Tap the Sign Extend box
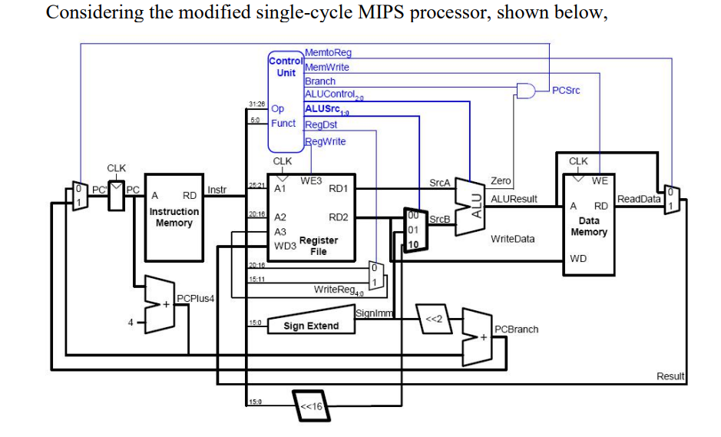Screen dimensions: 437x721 [x=310, y=326]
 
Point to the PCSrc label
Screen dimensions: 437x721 [x=566, y=91]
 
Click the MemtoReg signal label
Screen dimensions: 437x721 [x=328, y=53]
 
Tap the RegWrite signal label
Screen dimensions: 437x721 [x=326, y=141]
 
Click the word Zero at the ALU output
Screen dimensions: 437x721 [x=500, y=181]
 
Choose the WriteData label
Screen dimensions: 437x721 [x=512, y=239]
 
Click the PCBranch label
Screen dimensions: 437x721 [x=516, y=329]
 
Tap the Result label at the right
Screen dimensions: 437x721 [x=670, y=376]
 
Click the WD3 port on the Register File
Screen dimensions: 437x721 [x=285, y=247]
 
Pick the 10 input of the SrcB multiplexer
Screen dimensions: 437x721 [x=413, y=244]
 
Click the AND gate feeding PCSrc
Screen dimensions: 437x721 [x=527, y=91]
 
